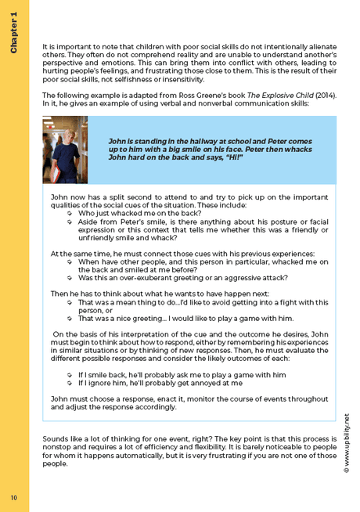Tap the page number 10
tap(14, 497)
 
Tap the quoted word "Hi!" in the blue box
tap(232, 157)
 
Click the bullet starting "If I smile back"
tap(182, 375)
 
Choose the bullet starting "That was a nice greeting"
tap(185, 319)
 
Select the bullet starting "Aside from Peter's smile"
tap(203, 225)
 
